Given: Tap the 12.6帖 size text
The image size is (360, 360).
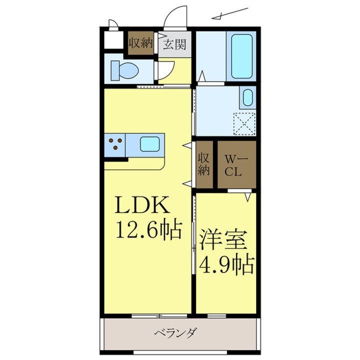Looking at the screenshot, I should (148, 230).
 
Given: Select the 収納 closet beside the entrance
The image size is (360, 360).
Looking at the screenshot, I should (140, 43).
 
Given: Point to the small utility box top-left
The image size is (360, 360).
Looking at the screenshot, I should (113, 41).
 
